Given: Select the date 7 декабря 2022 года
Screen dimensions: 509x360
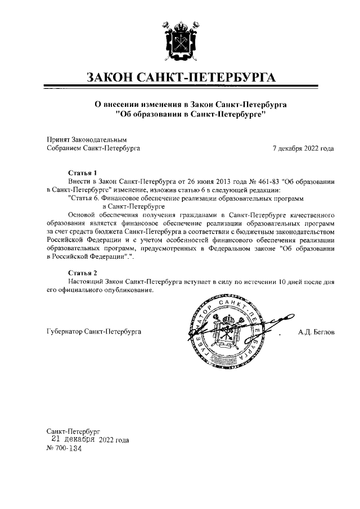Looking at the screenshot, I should tap(303, 148).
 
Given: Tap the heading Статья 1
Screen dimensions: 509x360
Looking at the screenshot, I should tap(83, 172).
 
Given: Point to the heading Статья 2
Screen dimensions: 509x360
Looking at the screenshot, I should tap(83, 273).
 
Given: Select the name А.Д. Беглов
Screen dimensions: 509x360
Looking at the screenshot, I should tap(316, 332).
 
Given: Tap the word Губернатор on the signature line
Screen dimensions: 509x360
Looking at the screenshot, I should tap(63, 332).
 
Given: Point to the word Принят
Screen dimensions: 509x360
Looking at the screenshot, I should tap(57, 139).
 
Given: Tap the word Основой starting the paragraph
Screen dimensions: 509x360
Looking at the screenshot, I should tap(82, 215).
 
